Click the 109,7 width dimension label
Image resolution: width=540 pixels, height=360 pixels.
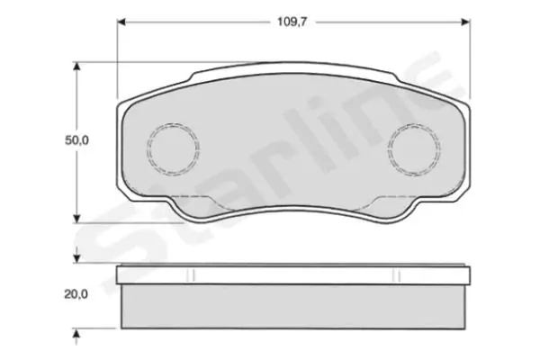292,22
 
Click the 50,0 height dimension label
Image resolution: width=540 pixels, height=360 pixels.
76,140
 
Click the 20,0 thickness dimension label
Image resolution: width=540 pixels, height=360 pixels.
76,294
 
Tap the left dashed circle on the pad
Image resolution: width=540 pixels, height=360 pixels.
173,148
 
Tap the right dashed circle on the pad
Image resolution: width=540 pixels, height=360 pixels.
414,148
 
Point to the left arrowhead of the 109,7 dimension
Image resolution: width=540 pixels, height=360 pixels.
121,22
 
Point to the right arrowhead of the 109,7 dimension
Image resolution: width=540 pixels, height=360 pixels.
465,22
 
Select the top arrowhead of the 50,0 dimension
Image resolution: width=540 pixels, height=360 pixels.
76,67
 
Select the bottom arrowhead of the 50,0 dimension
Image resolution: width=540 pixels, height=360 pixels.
76,219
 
